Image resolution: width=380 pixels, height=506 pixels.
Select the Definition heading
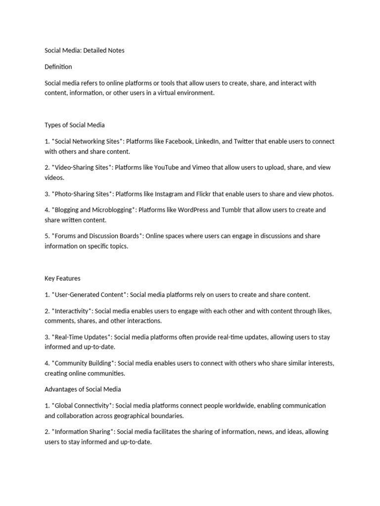[x=58, y=67]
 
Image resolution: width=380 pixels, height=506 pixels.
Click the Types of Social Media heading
[x=75, y=125]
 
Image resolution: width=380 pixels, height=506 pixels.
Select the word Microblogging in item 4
[x=112, y=210]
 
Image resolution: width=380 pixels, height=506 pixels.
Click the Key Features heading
[x=62, y=278]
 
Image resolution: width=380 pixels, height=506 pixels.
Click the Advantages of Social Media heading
[x=83, y=389]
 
